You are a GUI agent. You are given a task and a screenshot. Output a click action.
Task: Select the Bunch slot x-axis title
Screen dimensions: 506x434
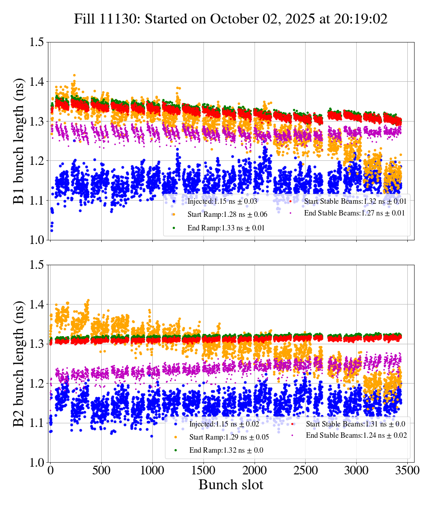click(x=231, y=485)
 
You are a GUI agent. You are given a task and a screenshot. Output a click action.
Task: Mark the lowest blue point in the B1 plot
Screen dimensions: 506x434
click(x=52, y=230)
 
